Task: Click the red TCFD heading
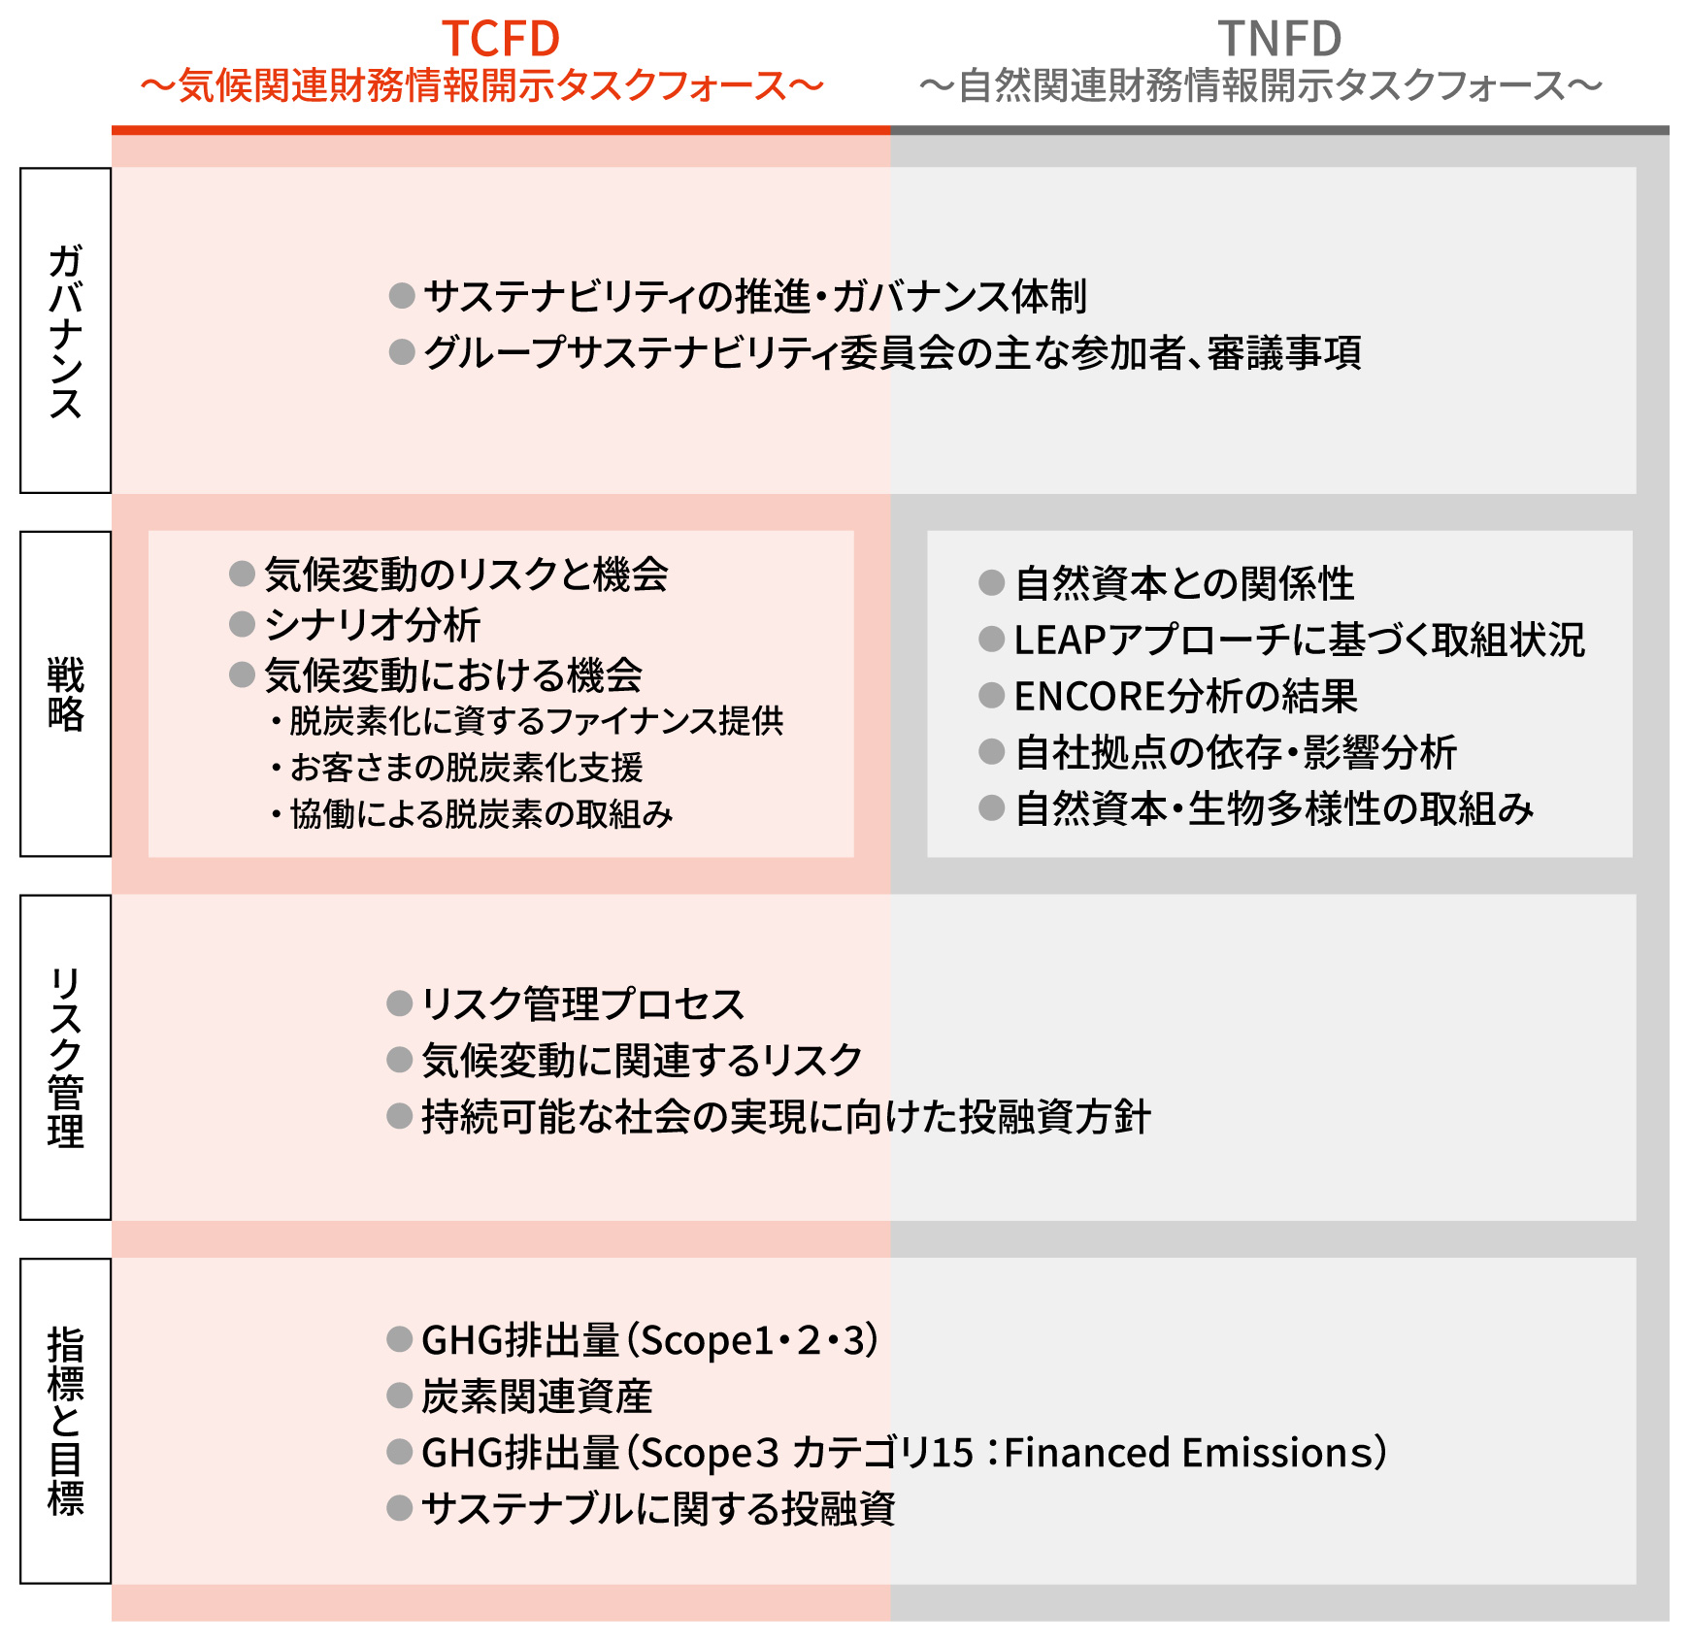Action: [501, 40]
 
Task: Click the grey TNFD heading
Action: [1279, 40]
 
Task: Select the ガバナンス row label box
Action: [66, 330]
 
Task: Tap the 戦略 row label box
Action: [66, 693]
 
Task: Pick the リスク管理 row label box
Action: [66, 1057]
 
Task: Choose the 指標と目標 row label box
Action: [66, 1421]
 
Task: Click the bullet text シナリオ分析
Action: [373, 625]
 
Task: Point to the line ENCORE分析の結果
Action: [1185, 696]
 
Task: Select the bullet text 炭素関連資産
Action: [537, 1397]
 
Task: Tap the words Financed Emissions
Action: [1189, 1453]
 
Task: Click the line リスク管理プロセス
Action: [582, 1003]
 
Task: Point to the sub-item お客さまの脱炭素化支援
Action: [466, 768]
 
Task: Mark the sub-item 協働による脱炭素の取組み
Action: [480, 814]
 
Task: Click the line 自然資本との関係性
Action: [1184, 583]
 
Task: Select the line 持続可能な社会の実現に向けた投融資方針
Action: [786, 1117]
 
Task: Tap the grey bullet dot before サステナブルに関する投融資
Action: [400, 1508]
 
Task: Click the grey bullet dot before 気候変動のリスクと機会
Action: [242, 574]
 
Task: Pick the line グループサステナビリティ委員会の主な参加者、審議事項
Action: [892, 352]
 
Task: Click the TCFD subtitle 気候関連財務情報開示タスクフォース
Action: [482, 86]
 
